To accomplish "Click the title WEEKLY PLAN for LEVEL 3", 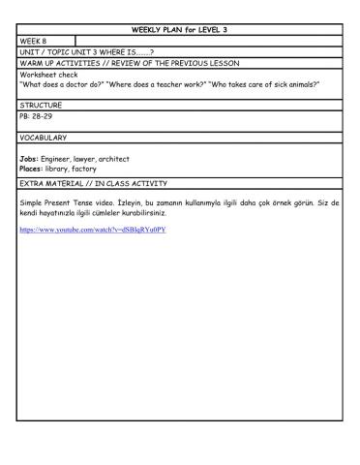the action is tap(179, 30).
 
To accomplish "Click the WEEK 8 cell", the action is tap(34, 41).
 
